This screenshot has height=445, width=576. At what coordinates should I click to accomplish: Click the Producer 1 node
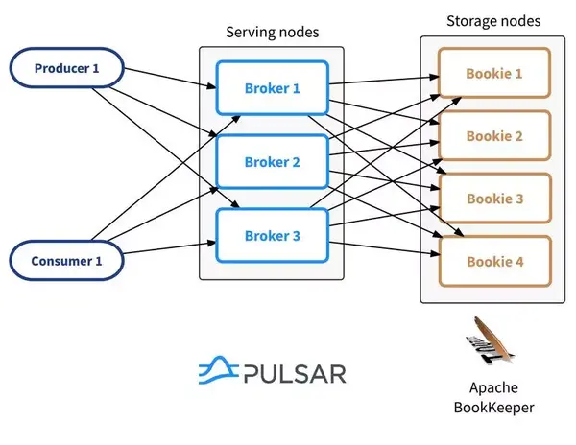[x=66, y=68]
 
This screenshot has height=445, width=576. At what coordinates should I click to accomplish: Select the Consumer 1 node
[x=66, y=260]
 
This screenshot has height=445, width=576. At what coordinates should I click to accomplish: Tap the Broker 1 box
[x=273, y=88]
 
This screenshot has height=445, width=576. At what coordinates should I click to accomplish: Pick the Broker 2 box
[x=273, y=162]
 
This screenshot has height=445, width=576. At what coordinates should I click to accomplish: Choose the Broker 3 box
[x=273, y=236]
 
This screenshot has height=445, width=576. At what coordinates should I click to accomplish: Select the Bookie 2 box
[x=494, y=136]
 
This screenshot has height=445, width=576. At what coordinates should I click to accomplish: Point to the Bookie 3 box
[x=494, y=199]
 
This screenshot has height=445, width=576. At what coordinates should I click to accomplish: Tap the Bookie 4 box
[x=494, y=261]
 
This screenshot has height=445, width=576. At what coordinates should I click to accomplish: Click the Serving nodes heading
[x=272, y=33]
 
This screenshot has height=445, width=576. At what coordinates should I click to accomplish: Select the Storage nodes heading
[x=493, y=21]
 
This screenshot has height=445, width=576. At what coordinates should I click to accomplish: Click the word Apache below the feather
[x=493, y=389]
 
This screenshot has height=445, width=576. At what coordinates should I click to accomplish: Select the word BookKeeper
[x=493, y=408]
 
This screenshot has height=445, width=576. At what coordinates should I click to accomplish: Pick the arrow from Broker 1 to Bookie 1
[x=384, y=80]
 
